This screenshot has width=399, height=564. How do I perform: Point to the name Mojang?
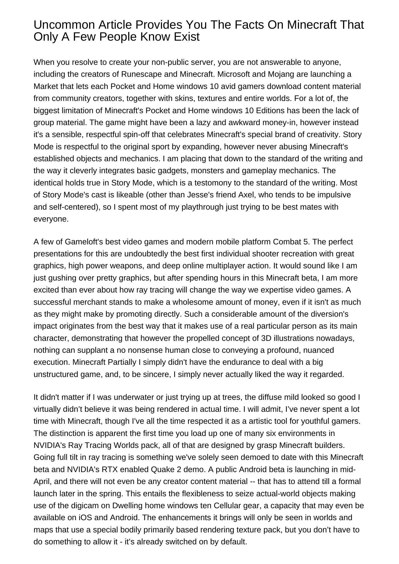click(280, 74)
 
